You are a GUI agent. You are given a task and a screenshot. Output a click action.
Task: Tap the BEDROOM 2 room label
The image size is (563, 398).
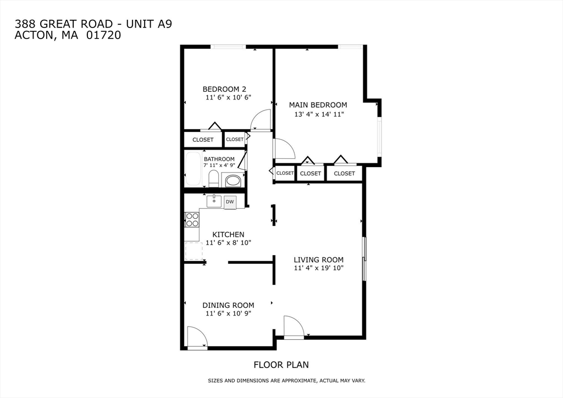click(x=224, y=89)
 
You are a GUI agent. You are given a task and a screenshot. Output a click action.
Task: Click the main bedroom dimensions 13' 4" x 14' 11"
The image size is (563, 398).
click(x=321, y=114)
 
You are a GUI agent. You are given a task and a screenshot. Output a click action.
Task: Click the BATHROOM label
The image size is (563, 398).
click(x=219, y=159)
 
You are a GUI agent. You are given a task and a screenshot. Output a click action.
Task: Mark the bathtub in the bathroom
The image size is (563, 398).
click(x=194, y=169)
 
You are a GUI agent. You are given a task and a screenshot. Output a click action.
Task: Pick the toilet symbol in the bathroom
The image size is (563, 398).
click(x=213, y=178)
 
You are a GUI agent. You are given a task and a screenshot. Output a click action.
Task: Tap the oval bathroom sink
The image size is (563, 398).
click(x=234, y=180)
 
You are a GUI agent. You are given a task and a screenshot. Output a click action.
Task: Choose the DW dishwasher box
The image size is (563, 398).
click(x=230, y=202)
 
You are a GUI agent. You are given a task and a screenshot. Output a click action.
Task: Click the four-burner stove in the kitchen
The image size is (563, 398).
click(x=192, y=220)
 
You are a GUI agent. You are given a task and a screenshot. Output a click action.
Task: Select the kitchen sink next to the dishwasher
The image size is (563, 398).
click(x=214, y=202)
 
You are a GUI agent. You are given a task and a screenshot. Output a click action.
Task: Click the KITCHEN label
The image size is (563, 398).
click(x=228, y=234)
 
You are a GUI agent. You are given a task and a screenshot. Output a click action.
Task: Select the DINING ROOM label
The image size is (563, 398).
click(x=228, y=305)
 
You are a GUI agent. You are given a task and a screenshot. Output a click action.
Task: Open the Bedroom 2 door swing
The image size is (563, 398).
click(x=261, y=119)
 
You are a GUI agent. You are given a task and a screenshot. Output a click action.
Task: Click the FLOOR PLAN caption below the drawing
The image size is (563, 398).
click(x=281, y=364)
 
